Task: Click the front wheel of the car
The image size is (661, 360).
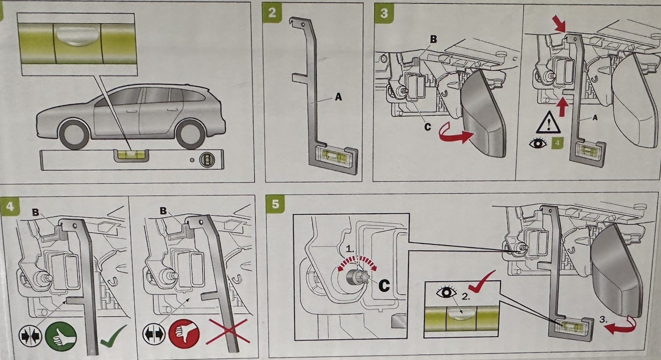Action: [74, 135]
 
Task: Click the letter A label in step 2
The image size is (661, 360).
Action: [338, 97]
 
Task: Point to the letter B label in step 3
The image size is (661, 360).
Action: [433, 40]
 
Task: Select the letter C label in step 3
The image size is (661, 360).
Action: [427, 127]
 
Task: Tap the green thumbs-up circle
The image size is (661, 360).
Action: [61, 336]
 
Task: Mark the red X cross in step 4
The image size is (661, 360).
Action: [228, 332]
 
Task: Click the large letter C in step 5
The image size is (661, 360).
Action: [384, 285]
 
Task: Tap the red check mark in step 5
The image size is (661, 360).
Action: [481, 282]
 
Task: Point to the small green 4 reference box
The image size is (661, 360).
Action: [556, 144]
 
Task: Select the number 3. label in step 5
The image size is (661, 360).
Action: [604, 319]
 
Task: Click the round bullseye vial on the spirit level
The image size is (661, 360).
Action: [207, 159]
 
